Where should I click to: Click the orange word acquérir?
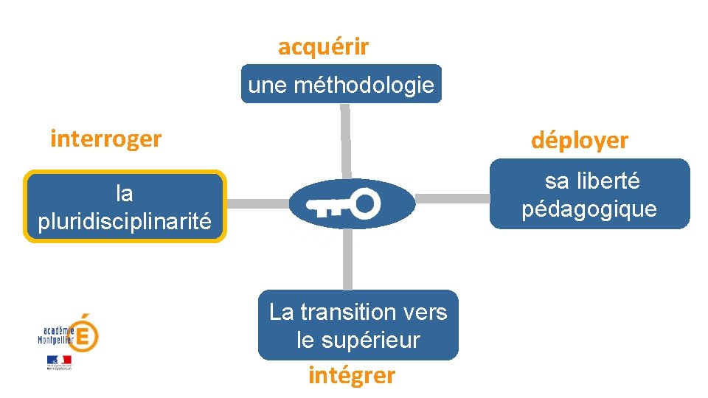coord(323,48)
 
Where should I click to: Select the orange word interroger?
coord(105,139)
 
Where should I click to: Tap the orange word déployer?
coord(580,141)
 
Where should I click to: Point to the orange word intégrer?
coord(352,376)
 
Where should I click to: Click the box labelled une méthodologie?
coord(341,85)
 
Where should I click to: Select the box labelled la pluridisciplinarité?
coord(124,207)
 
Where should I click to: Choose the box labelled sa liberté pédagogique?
coord(589,195)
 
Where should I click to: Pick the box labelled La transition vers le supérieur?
coord(358,325)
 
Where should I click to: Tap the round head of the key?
coord(365,203)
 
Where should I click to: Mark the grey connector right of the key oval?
coord(453,198)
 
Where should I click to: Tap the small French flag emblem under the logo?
coord(59,361)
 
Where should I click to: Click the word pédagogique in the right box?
coord(589,209)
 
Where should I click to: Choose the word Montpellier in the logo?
coord(56,340)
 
